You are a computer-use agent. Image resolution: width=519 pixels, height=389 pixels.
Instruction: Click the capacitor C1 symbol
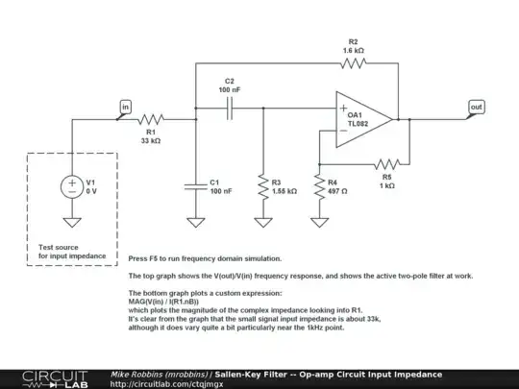(195, 183)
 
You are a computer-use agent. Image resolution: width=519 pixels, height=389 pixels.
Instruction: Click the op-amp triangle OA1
(362, 120)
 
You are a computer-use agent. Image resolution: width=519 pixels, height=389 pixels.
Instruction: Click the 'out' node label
(476, 106)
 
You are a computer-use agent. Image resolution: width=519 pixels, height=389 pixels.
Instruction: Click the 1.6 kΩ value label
(353, 48)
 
